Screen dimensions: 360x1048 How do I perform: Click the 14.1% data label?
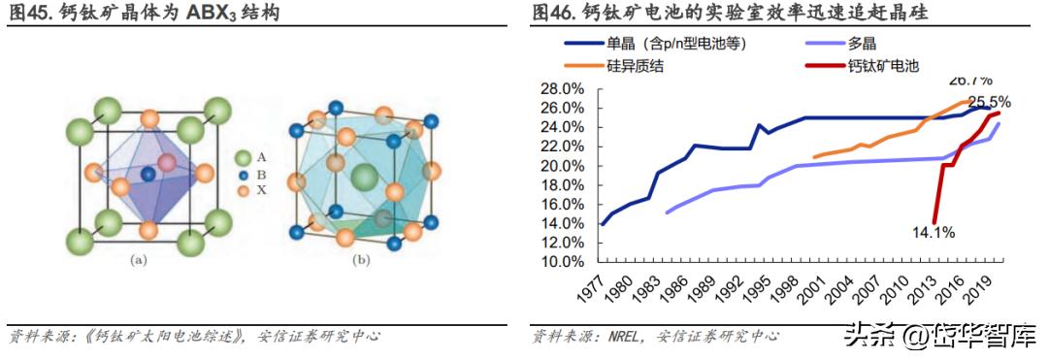coord(933,232)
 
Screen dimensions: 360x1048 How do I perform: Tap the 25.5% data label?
coord(989,101)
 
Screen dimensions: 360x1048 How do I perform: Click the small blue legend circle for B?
coord(246,175)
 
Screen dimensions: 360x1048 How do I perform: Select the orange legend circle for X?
coord(246,191)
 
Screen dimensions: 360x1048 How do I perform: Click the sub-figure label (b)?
coord(363,260)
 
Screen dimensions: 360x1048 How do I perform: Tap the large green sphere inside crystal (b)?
coord(364,177)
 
